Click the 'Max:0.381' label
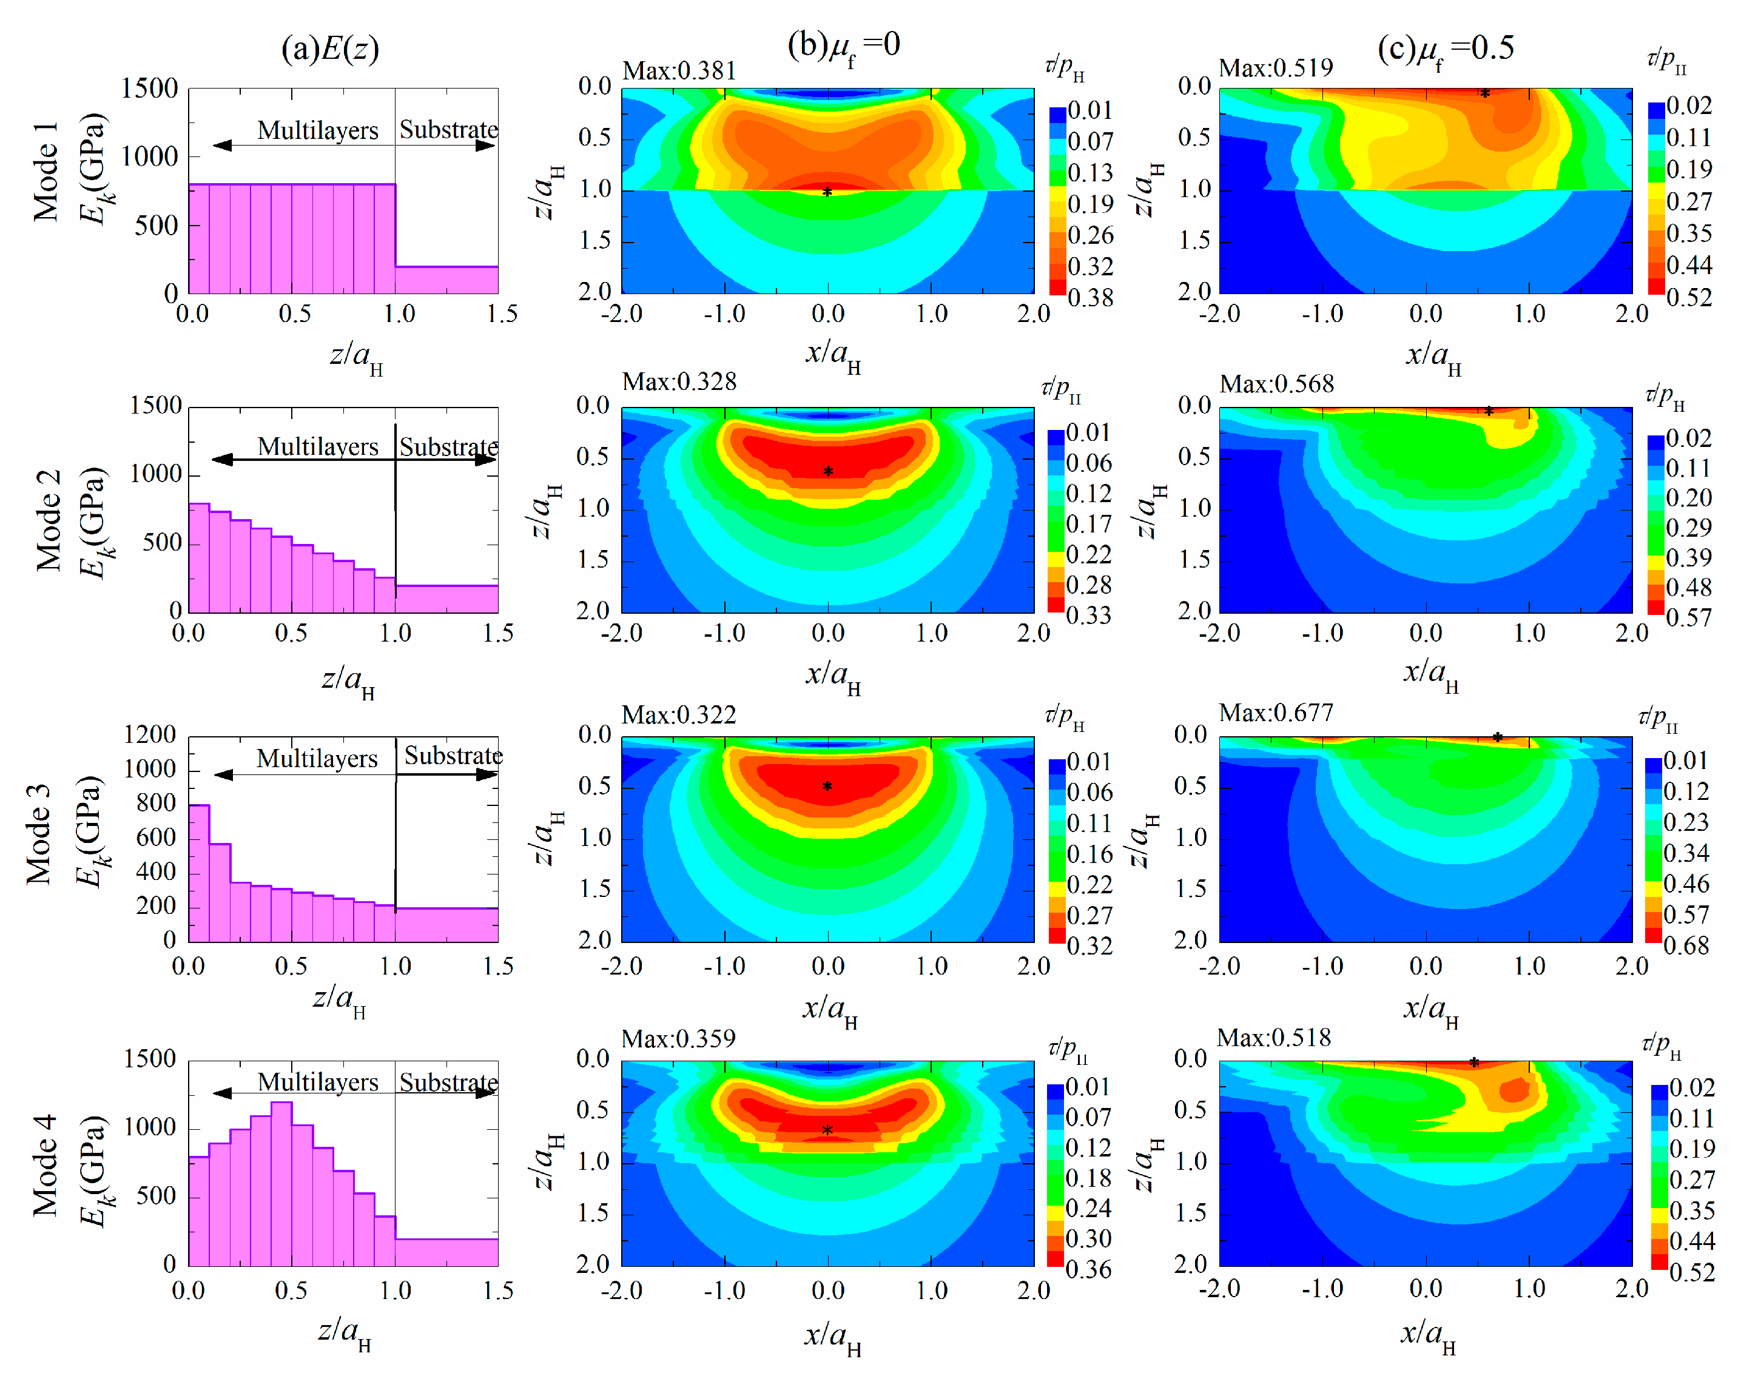(679, 71)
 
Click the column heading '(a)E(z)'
(330, 49)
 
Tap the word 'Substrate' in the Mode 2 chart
(448, 446)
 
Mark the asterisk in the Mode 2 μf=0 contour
(827, 471)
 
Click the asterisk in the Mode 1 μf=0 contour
(827, 193)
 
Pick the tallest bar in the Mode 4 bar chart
(281, 1182)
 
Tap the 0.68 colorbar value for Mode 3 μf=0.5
(1686, 945)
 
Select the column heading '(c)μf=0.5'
(1445, 49)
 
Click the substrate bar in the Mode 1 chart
(446, 279)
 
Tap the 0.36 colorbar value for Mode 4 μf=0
(1088, 1269)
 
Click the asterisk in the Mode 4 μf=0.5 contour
(1473, 1062)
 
